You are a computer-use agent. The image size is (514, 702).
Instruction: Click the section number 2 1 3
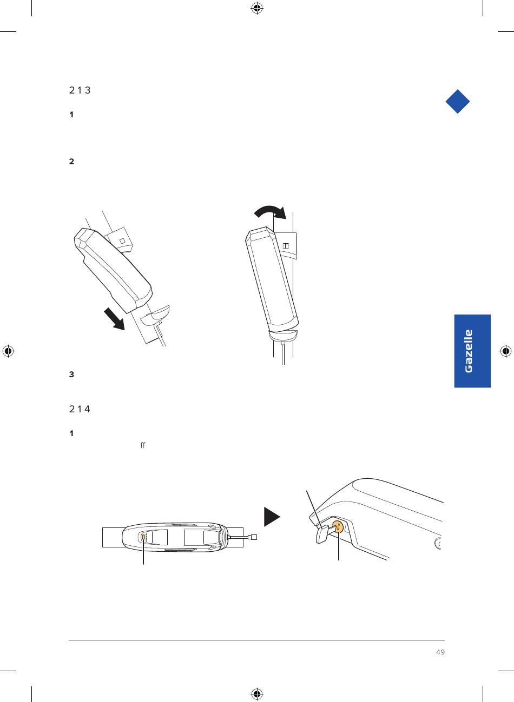[80, 90]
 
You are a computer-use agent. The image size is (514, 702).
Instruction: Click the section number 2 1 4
[80, 409]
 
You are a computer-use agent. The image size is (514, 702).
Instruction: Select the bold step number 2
[71, 162]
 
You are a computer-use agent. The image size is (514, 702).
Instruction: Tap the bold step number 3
[71, 374]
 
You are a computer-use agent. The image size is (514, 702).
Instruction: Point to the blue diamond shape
[458, 101]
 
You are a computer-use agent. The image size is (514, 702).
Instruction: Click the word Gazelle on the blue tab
[468, 351]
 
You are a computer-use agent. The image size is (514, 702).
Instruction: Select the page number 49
[440, 652]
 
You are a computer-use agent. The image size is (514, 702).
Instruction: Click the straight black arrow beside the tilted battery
[115, 319]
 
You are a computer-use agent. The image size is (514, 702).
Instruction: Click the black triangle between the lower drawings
[272, 517]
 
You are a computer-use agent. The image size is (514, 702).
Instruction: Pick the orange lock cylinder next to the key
[337, 526]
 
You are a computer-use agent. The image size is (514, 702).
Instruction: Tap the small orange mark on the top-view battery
[143, 537]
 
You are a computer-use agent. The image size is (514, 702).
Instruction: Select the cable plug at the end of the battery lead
[253, 537]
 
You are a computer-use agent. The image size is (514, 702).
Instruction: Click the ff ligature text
[143, 445]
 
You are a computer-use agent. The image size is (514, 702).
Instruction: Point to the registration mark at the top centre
[257, 9]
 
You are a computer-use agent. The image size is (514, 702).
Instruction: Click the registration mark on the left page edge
[8, 351]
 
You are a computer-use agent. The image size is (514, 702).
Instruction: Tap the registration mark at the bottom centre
[257, 694]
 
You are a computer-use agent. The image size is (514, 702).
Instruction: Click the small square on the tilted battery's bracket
[123, 240]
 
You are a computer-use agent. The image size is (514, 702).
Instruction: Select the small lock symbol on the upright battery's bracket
[286, 246]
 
